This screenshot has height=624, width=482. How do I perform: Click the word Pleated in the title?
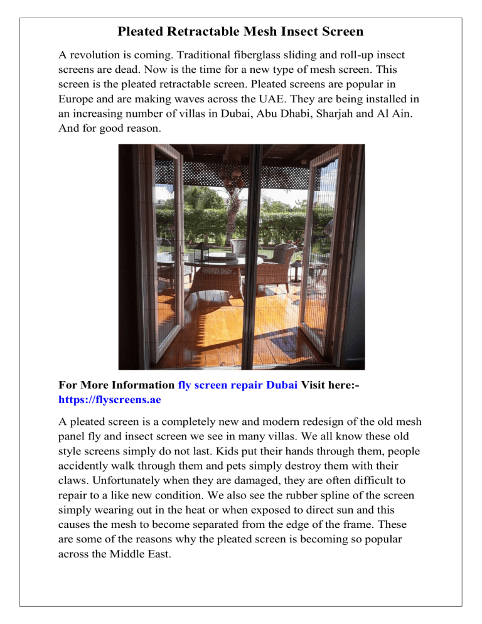click(140, 31)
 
